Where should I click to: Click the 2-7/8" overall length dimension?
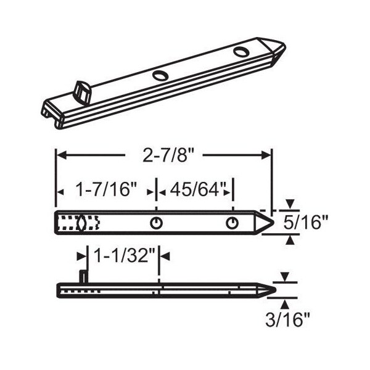pos(168,155)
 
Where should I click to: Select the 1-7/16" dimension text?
pos(107,190)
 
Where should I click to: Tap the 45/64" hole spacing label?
pos(197,190)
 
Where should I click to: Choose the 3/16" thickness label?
pos(287,319)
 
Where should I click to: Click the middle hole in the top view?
pos(156,223)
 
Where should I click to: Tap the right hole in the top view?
pos(232,223)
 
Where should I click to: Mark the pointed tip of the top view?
pos(273,222)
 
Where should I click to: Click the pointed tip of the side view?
pos(275,290)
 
